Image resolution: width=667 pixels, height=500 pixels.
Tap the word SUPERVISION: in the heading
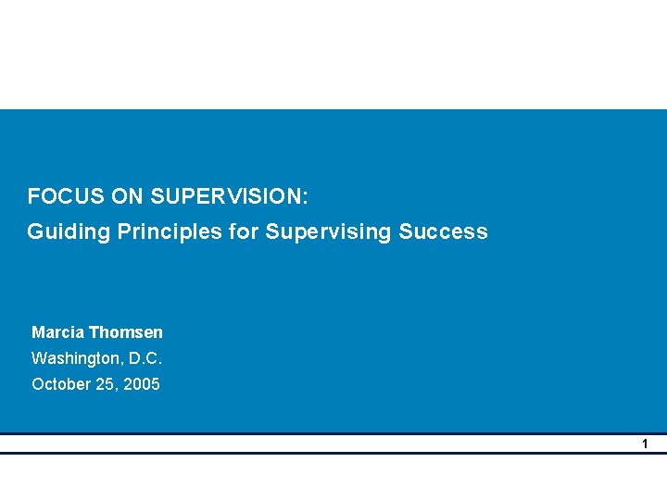click(229, 196)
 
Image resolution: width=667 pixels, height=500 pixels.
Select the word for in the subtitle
click(244, 231)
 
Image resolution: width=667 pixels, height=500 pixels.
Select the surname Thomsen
click(128, 332)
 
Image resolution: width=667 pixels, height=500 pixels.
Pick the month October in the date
click(60, 384)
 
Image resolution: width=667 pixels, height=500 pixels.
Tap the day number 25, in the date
click(106, 384)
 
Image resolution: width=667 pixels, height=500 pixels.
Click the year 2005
click(141, 384)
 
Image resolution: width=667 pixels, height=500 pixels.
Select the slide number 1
click(646, 444)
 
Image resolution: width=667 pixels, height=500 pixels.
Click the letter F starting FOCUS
click(33, 196)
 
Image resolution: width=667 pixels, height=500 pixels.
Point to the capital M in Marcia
click(38, 332)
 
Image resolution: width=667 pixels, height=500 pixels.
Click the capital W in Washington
click(39, 358)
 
